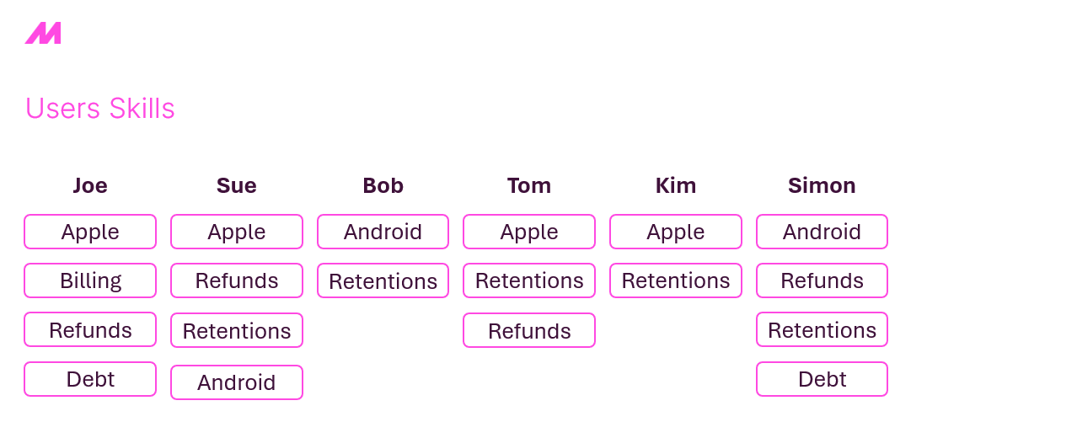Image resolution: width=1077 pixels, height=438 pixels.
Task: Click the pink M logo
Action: click(43, 33)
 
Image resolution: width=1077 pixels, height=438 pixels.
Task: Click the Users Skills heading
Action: click(100, 108)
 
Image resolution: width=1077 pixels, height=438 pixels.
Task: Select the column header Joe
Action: click(90, 185)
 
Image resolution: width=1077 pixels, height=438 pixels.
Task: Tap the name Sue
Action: click(237, 185)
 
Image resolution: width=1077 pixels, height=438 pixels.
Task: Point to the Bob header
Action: click(383, 185)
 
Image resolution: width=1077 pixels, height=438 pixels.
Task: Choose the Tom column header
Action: click(529, 185)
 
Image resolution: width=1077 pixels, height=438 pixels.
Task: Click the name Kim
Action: click(676, 185)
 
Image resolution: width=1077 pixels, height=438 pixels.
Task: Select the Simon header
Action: click(822, 185)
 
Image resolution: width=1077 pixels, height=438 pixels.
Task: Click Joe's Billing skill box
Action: click(90, 280)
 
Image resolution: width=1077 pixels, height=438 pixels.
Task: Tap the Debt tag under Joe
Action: click(90, 379)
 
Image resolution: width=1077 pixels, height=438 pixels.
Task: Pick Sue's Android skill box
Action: click(237, 382)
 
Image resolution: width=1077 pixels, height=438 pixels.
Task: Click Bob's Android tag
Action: click(383, 232)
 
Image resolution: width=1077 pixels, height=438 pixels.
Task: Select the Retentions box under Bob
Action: click(383, 280)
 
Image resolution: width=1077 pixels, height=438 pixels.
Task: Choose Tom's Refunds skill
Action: click(529, 330)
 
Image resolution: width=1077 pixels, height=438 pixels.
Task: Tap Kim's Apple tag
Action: click(676, 232)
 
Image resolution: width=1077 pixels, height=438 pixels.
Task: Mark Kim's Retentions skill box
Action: click(676, 280)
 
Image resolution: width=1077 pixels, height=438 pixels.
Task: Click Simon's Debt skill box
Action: click(822, 379)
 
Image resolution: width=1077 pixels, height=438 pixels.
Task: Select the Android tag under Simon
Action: click(822, 232)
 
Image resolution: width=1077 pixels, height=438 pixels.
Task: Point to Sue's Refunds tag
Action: click(237, 280)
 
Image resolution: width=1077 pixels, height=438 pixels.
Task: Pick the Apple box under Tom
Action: click(529, 232)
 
